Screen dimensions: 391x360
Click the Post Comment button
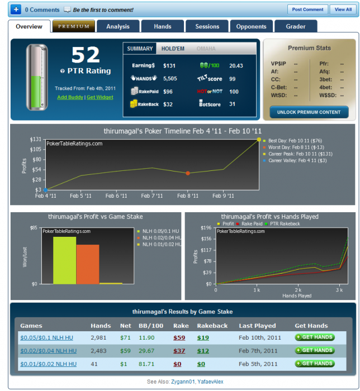(x=307, y=9)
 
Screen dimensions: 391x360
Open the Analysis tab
(x=117, y=26)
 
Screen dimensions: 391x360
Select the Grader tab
(x=295, y=26)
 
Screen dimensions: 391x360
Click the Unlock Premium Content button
(x=309, y=112)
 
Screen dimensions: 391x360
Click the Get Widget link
(x=100, y=97)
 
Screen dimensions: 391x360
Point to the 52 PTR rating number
(x=86, y=55)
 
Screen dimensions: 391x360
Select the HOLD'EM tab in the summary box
(x=173, y=49)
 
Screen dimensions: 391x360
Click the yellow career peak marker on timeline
(x=259, y=139)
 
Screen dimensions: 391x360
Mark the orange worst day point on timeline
(x=187, y=173)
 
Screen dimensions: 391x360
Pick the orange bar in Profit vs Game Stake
(x=88, y=264)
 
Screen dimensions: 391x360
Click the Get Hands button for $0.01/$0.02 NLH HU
(x=315, y=364)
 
